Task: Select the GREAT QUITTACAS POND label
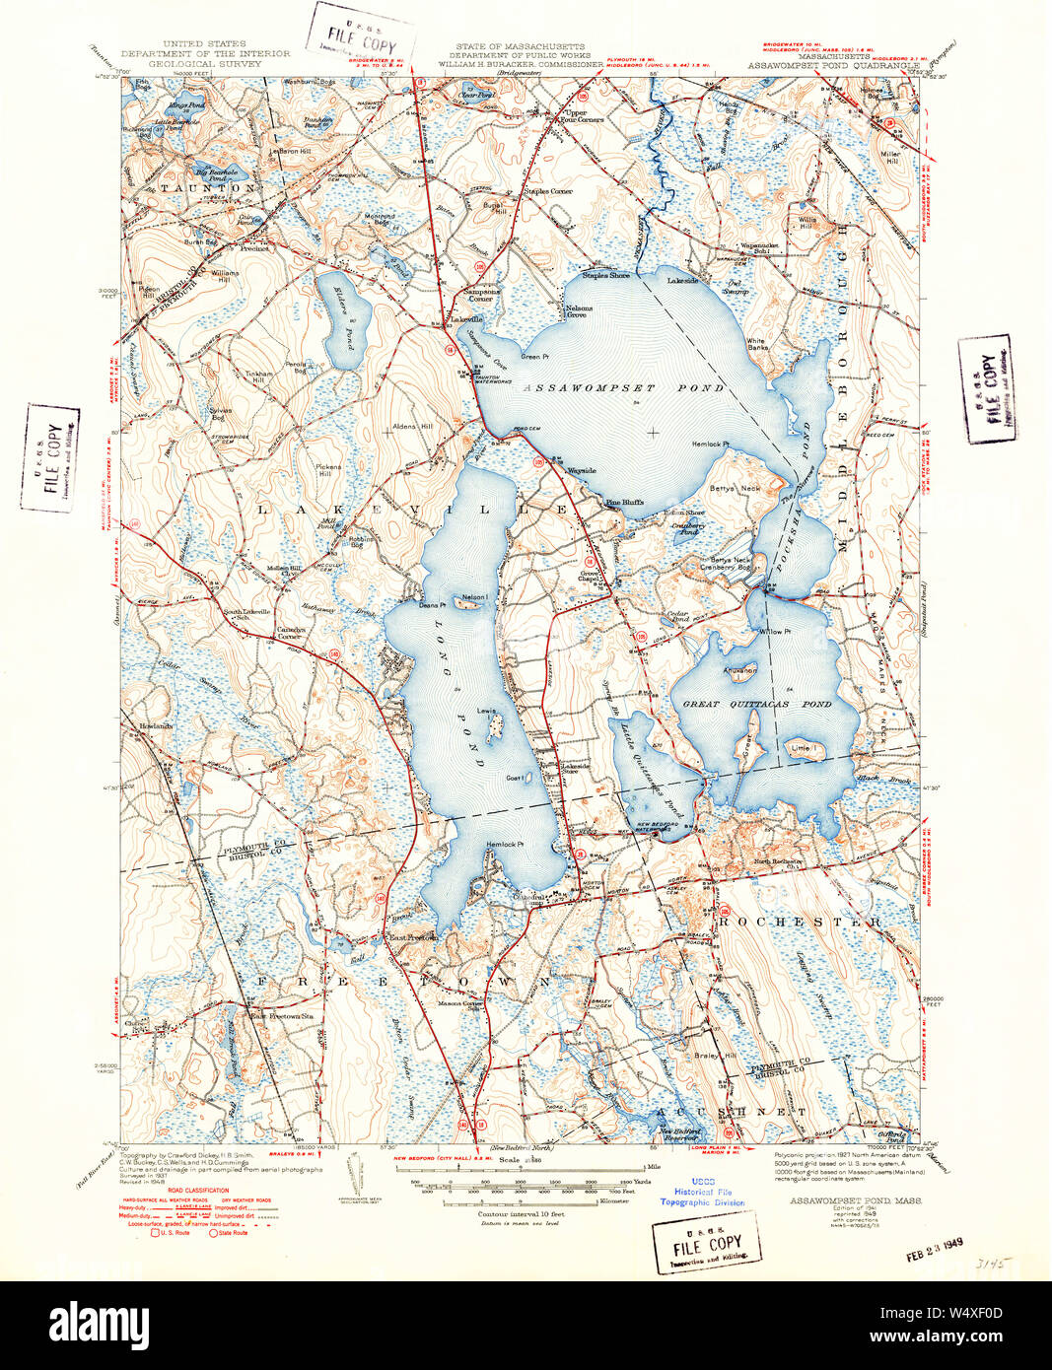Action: click(757, 705)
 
